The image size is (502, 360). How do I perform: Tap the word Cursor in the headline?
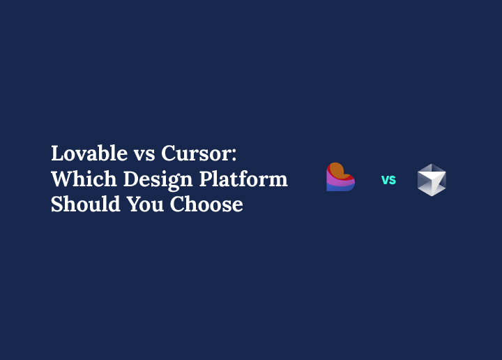[x=197, y=153]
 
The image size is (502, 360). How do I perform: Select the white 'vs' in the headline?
[x=144, y=155]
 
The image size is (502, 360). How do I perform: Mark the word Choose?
[x=207, y=204]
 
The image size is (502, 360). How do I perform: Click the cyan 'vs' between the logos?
[x=388, y=180]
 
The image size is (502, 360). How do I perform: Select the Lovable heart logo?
[x=340, y=177]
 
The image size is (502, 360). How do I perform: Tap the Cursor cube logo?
[x=432, y=180]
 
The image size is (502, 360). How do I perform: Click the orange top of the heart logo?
[x=337, y=169]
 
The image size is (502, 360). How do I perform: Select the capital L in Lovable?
[x=58, y=153]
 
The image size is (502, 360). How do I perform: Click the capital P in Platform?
[x=206, y=179]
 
